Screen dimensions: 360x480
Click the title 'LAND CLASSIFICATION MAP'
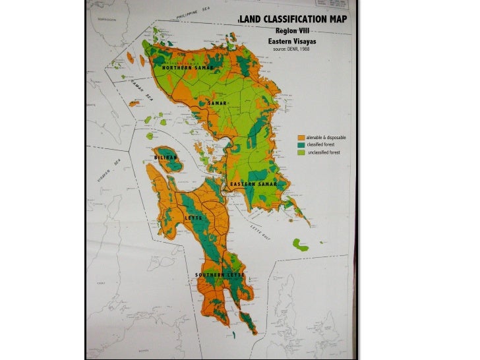point(293,18)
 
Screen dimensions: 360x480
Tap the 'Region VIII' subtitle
point(291,30)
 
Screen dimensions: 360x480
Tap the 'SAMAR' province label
point(218,104)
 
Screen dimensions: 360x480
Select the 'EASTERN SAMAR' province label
point(253,183)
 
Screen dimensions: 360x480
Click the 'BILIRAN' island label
point(165,158)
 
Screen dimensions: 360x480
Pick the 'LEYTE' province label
point(193,217)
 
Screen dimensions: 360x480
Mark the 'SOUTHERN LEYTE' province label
point(220,274)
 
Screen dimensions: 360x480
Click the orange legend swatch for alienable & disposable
point(301,137)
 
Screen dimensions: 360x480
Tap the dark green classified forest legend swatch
point(301,144)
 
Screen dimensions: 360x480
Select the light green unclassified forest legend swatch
point(301,152)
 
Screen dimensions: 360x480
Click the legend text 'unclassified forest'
point(324,152)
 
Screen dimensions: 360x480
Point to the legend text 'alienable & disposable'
point(326,137)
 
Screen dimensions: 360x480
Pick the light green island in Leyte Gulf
point(300,245)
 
